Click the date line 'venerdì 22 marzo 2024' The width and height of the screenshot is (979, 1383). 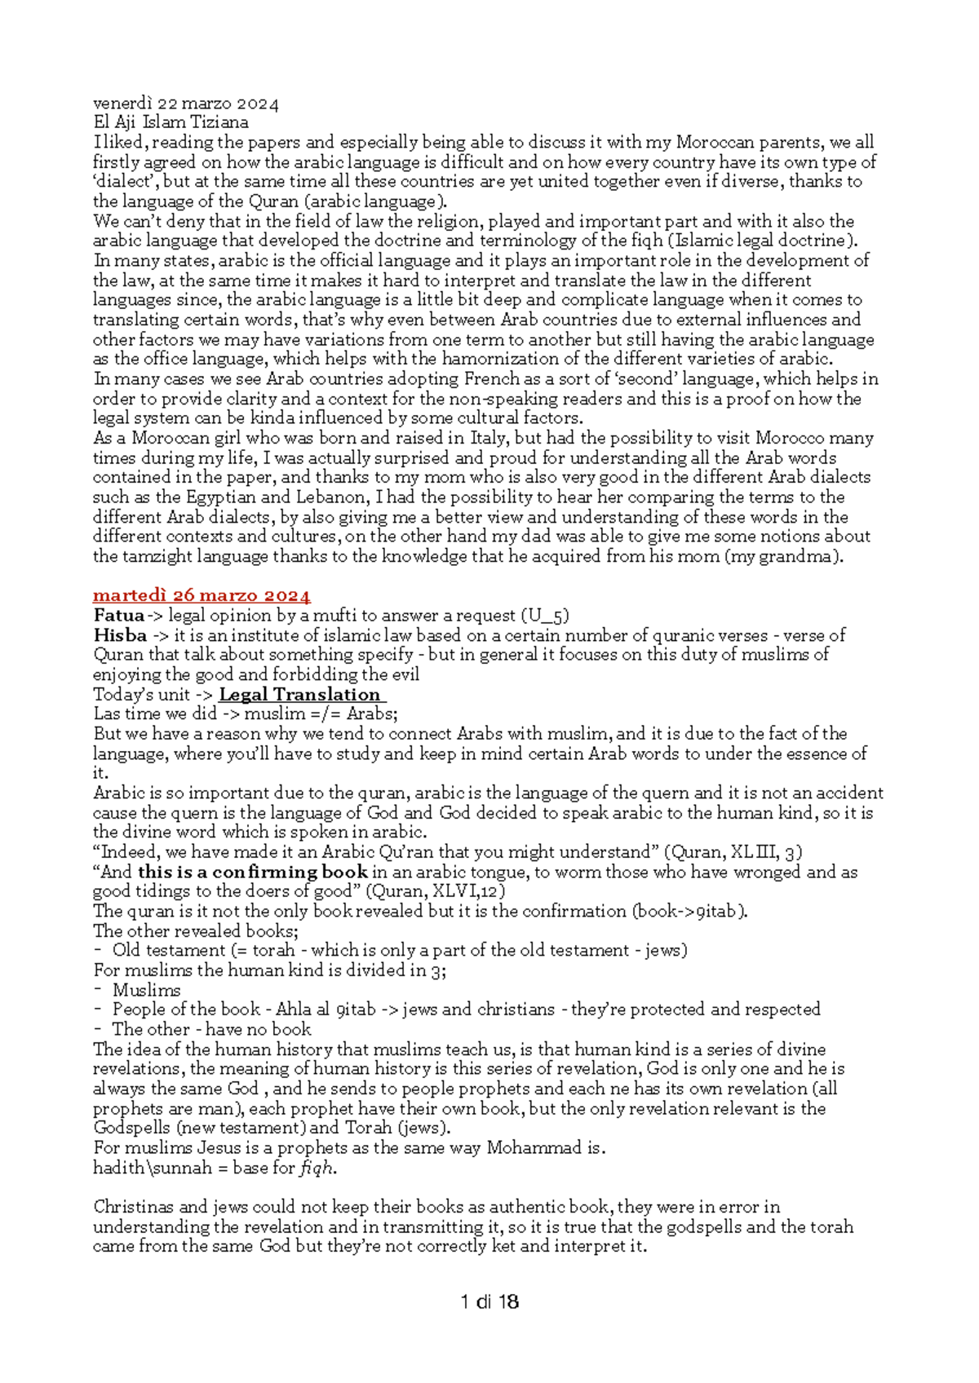tap(186, 104)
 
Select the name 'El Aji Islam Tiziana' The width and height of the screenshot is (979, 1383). tap(171, 123)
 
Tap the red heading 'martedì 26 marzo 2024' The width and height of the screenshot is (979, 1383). tap(202, 596)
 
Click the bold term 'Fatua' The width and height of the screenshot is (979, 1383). tap(119, 616)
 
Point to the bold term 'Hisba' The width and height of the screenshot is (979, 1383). tap(120, 635)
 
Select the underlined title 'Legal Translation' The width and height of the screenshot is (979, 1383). tap(300, 695)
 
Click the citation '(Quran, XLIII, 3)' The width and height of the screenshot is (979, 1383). tap(733, 853)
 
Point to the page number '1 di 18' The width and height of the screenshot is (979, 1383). tap(489, 1302)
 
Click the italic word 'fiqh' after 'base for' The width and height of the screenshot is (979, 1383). tap(317, 1168)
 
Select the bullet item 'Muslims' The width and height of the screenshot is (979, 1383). tap(146, 991)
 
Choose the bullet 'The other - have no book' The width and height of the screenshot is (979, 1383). tap(211, 1030)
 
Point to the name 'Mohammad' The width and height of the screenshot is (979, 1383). tap(534, 1148)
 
